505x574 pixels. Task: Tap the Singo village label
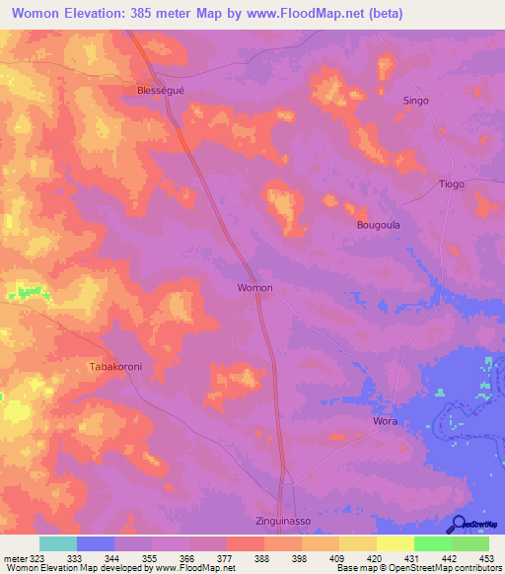(416, 101)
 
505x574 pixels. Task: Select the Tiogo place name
(451, 184)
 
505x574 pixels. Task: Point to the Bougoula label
(377, 225)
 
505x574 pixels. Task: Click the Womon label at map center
(254, 288)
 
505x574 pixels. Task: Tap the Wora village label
(385, 421)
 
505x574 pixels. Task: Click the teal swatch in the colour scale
(58, 543)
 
